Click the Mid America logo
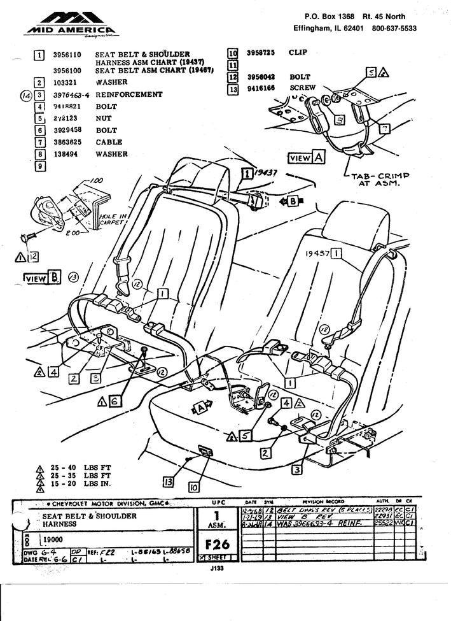pyautogui.click(x=71, y=24)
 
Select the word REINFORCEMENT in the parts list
pyautogui.click(x=128, y=94)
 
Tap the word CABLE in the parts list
pyautogui.click(x=109, y=142)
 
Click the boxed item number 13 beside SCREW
pyautogui.click(x=233, y=89)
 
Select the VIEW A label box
pyautogui.click(x=307, y=157)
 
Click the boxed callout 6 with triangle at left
pyautogui.click(x=113, y=401)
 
